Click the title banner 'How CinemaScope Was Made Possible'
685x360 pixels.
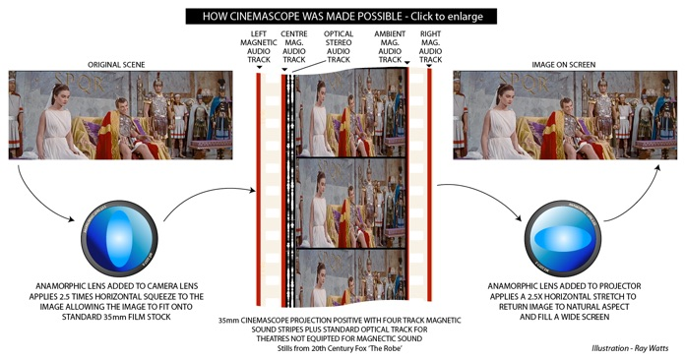coord(341,17)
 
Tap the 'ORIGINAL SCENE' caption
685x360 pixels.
coord(116,65)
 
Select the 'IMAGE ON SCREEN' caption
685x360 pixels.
coord(564,65)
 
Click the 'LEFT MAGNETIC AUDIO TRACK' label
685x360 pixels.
coord(259,46)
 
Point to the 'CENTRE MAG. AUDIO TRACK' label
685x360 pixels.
coord(294,46)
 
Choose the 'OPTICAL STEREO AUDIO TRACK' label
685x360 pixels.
coord(339,46)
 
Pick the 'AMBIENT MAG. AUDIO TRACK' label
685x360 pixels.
coord(390,46)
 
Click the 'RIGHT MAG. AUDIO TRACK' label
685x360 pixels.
coord(431,46)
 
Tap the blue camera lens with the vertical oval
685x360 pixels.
coord(119,239)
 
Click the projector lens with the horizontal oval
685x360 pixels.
coord(563,238)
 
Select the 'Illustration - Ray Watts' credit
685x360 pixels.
coord(630,348)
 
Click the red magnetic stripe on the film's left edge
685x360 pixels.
coord(258,189)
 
